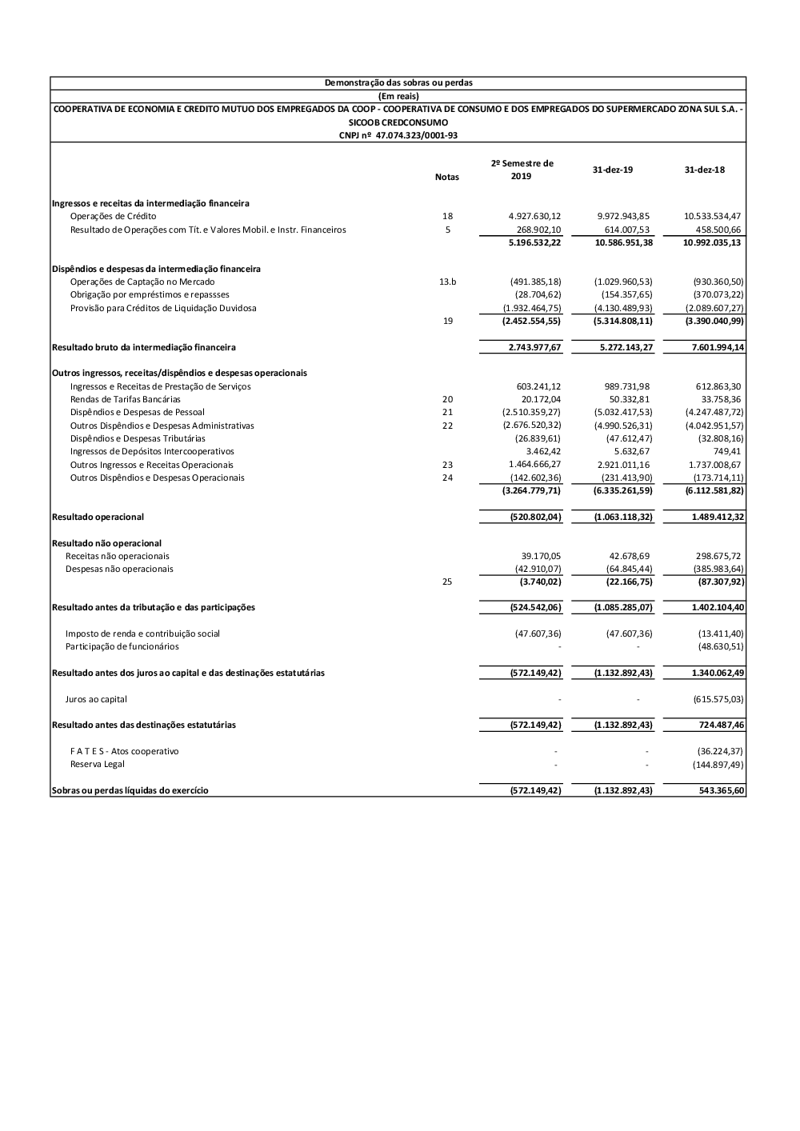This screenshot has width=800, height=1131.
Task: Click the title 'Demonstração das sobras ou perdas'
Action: point(398,82)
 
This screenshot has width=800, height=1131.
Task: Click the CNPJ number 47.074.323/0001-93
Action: point(398,135)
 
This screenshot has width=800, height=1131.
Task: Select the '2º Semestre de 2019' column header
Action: point(522,170)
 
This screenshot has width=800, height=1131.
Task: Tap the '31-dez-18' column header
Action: point(704,170)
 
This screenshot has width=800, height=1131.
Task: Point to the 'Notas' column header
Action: point(446,177)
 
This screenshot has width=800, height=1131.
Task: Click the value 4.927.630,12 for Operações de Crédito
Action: point(534,216)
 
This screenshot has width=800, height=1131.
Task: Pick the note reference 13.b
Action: point(447,282)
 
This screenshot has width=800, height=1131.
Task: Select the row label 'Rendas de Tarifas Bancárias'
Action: point(125,399)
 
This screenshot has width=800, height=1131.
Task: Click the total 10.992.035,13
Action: point(711,242)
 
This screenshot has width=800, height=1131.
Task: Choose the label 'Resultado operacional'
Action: point(98,517)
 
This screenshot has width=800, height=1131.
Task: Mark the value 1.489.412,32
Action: point(718,517)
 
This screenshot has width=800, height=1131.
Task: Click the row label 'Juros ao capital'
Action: point(96,699)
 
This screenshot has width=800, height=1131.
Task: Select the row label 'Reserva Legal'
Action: point(97,764)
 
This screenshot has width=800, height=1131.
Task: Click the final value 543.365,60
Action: point(722,790)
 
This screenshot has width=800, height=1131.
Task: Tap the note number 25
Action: point(447,581)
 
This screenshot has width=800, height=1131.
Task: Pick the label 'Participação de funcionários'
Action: point(122,646)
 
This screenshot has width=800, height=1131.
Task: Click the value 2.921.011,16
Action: point(622,465)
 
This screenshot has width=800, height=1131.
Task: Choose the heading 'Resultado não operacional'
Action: point(106,543)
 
